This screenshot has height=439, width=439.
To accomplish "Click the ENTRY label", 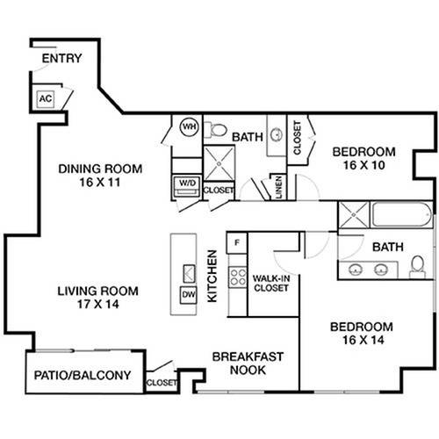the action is (x=61, y=58).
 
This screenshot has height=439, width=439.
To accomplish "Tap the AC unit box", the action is (x=46, y=98).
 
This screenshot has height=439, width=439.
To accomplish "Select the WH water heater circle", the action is (x=189, y=126).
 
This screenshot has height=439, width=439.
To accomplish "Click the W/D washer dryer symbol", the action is (x=187, y=186).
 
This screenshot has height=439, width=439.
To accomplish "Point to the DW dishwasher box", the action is (x=188, y=295).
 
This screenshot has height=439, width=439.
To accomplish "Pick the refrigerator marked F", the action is (x=237, y=242).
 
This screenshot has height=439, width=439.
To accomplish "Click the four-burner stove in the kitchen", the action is (x=238, y=277).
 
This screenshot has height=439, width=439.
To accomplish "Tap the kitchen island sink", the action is (x=189, y=273).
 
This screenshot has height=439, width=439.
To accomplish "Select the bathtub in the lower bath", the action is (x=401, y=214).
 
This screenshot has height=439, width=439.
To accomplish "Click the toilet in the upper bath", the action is (x=216, y=130).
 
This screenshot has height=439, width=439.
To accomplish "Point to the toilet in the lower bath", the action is (x=417, y=267).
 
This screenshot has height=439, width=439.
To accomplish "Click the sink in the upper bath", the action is (x=277, y=134).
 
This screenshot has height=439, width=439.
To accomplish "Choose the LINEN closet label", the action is (x=278, y=187).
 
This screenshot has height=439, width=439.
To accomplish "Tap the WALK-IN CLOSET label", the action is (x=271, y=284).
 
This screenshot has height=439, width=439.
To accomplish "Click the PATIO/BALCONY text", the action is (x=83, y=375).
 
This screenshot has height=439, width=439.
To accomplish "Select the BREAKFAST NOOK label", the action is (x=248, y=363).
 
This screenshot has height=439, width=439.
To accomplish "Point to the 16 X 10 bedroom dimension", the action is (x=363, y=165).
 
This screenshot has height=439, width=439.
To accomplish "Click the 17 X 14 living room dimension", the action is (x=98, y=304).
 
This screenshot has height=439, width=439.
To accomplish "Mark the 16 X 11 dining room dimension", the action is (x=100, y=183).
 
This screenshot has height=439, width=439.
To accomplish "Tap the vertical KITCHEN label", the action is (x=212, y=276).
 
